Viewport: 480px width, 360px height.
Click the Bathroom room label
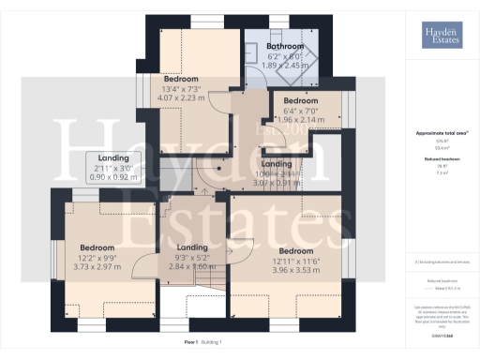[x=285, y=46]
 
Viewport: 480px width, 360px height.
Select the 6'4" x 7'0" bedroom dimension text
[x=301, y=111]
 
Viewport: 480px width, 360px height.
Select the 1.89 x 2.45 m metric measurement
[x=285, y=66]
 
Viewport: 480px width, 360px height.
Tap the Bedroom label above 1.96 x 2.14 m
[x=301, y=100]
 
